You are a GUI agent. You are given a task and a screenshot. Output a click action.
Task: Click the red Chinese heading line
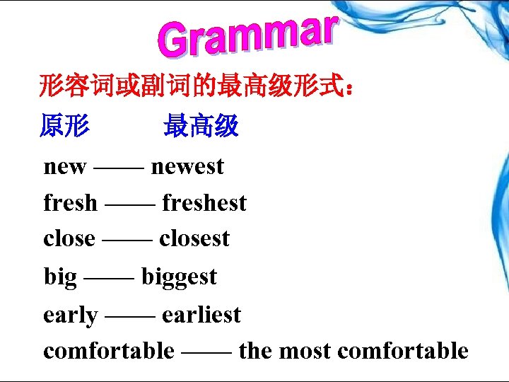(x=198, y=89)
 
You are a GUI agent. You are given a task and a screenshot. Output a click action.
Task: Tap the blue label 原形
(x=64, y=127)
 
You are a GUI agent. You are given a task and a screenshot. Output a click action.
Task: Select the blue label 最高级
(x=201, y=127)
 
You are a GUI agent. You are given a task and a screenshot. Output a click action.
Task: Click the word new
(x=64, y=167)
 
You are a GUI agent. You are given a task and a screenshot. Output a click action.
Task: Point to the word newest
(x=187, y=167)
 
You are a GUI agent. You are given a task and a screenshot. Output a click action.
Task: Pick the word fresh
(x=70, y=203)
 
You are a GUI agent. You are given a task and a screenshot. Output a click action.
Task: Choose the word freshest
(x=204, y=203)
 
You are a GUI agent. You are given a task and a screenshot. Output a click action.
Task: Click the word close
(x=69, y=238)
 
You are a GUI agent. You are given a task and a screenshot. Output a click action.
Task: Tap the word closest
(x=194, y=238)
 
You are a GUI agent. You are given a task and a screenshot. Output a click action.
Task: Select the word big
(x=59, y=277)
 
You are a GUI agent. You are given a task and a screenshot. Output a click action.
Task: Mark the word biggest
(x=179, y=277)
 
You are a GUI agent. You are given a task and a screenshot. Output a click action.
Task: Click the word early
(x=70, y=315)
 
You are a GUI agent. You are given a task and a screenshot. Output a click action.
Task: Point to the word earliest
(x=201, y=315)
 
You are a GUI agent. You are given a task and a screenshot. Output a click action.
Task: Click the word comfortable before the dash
(x=108, y=350)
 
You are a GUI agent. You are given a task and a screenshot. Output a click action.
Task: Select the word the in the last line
(x=256, y=350)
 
